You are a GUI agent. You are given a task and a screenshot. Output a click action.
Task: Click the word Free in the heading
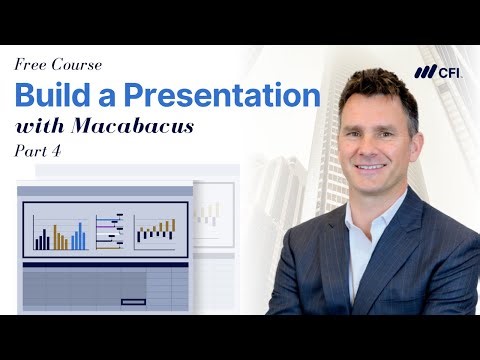tap(32, 65)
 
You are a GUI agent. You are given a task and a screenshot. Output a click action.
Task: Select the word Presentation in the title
tap(222, 96)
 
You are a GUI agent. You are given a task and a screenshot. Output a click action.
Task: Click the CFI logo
tap(437, 71)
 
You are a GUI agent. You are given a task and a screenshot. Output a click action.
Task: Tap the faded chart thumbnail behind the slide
tap(209, 212)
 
